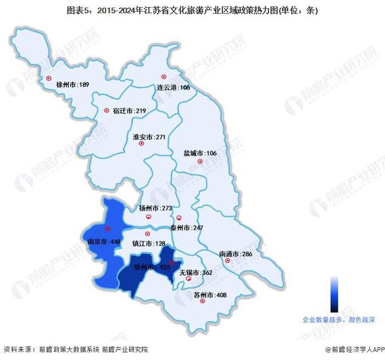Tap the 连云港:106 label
174,88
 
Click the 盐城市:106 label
200,153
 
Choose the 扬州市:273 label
156,208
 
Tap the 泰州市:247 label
187,228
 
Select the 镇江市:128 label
150,243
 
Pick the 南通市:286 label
236,254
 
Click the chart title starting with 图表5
192,10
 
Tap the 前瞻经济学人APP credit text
349,349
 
